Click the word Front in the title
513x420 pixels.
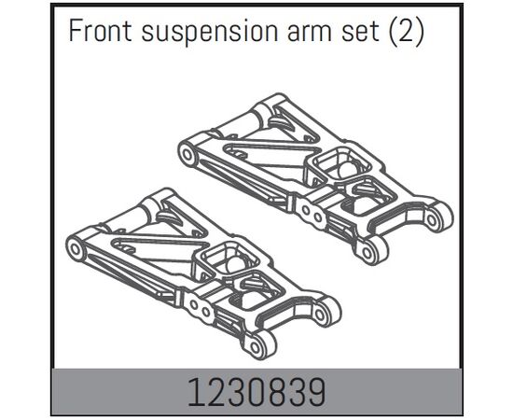tap(100, 30)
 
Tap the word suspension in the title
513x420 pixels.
tap(210, 32)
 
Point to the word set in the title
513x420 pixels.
tap(360, 32)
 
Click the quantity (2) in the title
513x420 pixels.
tap(406, 32)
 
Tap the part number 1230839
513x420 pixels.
tap(256, 393)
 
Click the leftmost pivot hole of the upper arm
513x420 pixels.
tap(187, 153)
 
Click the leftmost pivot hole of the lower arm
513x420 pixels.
tap(75, 249)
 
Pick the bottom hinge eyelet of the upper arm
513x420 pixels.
tap(369, 251)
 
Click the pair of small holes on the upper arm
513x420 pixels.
tap(312, 213)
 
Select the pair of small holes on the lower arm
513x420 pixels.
tap(200, 308)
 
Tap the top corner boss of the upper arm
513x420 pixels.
tap(274, 101)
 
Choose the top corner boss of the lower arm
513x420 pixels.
tap(162, 195)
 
